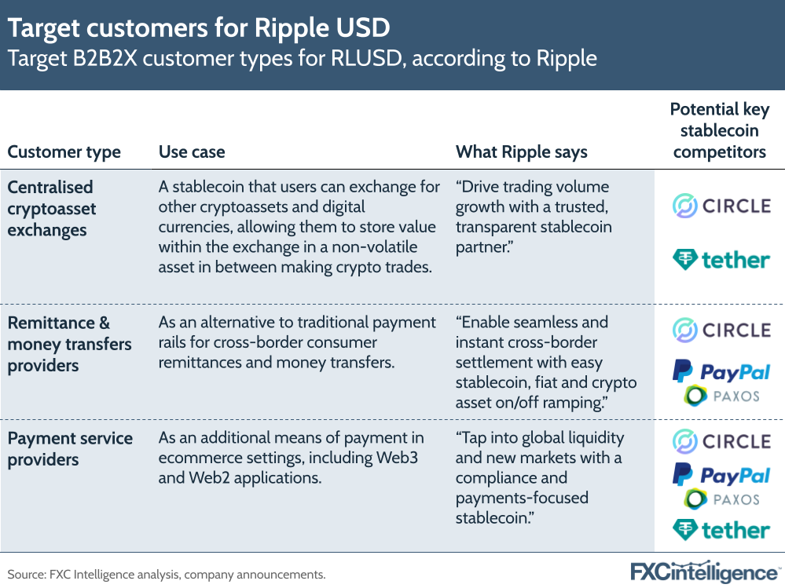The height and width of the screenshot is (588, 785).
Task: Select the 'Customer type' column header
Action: click(64, 152)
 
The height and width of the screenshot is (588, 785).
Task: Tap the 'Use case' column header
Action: click(192, 152)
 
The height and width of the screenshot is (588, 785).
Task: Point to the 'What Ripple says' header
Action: click(522, 152)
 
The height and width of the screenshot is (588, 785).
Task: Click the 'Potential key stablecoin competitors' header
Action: click(719, 130)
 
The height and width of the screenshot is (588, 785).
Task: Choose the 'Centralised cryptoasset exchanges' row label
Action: click(52, 209)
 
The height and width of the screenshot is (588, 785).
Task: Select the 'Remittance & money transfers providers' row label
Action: click(70, 344)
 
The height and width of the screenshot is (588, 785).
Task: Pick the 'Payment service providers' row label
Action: click(70, 449)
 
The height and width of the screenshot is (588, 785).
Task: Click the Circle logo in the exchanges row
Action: click(721, 206)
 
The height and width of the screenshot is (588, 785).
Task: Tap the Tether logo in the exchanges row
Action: click(721, 259)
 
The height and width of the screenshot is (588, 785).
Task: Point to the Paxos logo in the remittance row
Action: click(721, 396)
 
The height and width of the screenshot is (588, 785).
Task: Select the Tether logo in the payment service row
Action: click(721, 530)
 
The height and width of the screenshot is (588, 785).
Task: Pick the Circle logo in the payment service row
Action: click(721, 441)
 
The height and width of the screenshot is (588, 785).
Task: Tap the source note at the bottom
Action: click(167, 575)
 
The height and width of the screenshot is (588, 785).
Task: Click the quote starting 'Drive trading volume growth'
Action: click(534, 217)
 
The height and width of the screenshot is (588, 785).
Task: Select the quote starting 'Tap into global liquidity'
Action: click(540, 477)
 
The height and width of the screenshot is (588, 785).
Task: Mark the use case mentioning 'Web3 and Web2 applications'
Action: click(291, 458)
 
